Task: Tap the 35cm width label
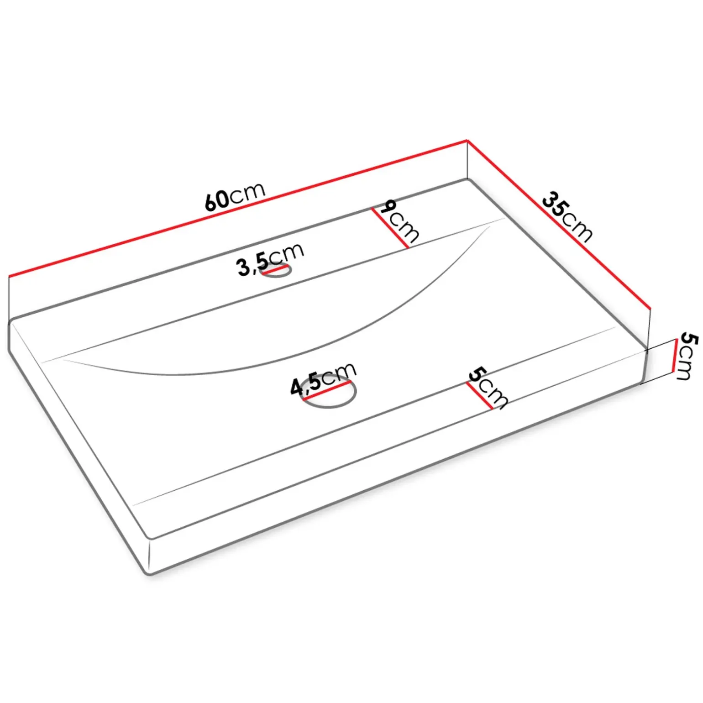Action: pos(567,217)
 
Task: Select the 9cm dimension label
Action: pos(399,221)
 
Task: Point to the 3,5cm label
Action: pos(270,259)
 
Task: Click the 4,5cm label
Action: pos(323,379)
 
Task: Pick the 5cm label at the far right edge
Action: pos(688,356)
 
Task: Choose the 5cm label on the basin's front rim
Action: pos(488,388)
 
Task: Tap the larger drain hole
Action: pos(329,393)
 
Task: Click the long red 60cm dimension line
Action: pos(238,208)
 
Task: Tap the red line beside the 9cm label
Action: pos(390,228)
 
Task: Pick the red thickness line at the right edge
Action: pos(675,356)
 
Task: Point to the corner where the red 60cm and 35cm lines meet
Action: pos(467,140)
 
